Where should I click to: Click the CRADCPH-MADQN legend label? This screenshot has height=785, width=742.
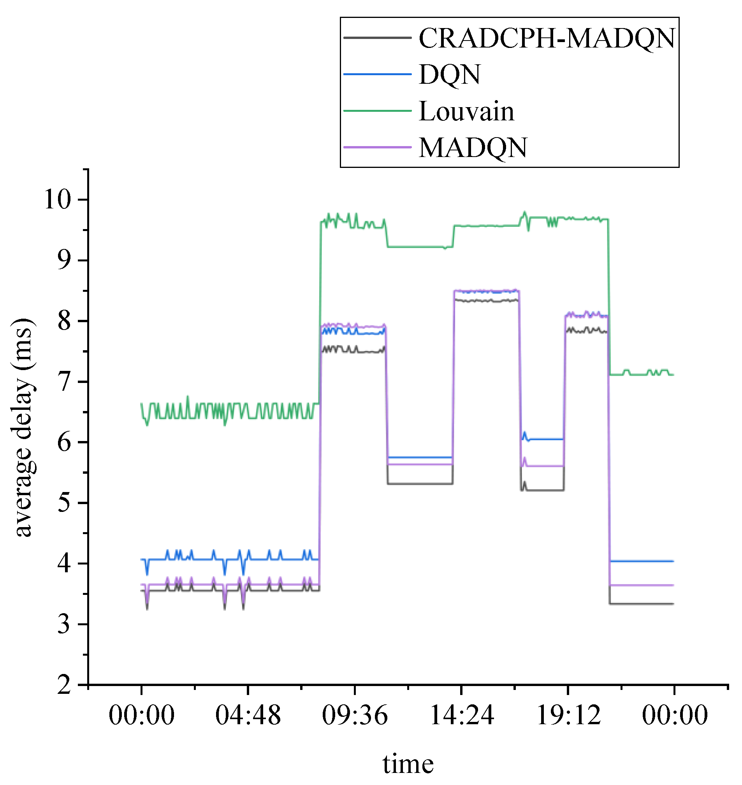(547, 39)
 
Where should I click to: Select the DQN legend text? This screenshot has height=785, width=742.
(450, 74)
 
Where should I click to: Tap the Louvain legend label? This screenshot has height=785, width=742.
(466, 111)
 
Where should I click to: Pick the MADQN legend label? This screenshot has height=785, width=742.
(473, 148)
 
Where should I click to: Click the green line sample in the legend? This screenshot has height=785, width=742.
(377, 111)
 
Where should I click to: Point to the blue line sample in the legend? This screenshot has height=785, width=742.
(377, 74)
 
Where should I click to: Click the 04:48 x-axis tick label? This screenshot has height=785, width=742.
(248, 716)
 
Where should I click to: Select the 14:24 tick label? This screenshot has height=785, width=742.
(462, 716)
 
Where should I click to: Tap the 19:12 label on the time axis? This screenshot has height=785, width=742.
(568, 716)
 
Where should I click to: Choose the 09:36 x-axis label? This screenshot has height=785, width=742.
(355, 716)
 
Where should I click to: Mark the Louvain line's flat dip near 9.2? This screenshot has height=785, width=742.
(419, 247)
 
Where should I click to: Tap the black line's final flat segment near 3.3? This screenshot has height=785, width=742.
(641, 604)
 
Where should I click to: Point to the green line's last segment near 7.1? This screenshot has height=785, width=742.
(641, 374)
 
